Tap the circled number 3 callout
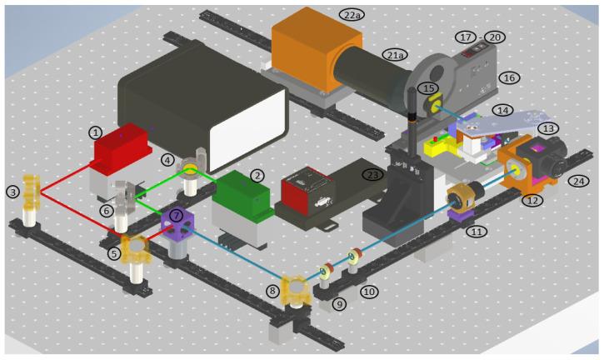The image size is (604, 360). pyautogui.click(x=12, y=192)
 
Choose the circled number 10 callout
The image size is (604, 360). pyautogui.click(x=367, y=292)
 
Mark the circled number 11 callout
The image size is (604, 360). pyautogui.click(x=475, y=232)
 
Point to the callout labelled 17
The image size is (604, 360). pyautogui.click(x=465, y=37)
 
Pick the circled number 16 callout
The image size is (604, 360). pyautogui.click(x=508, y=77)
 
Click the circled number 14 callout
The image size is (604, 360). pyautogui.click(x=526, y=110)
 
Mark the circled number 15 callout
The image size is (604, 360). pyautogui.click(x=428, y=87)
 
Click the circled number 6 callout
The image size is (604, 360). pyautogui.click(x=107, y=212)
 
